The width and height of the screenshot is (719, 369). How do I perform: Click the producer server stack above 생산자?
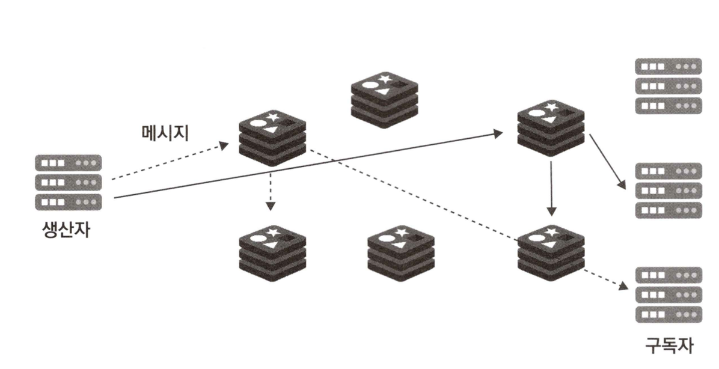(68, 181)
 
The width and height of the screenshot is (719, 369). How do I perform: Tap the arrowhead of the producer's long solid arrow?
(499, 133)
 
